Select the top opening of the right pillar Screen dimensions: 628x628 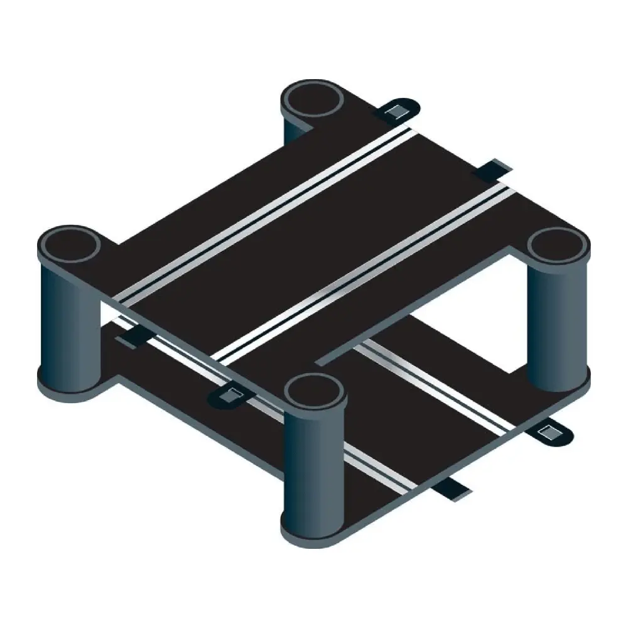point(556,246)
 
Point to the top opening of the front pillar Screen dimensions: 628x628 point(314,392)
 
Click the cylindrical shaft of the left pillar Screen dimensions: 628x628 point(69,320)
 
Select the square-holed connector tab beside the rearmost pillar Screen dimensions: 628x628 point(396,111)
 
